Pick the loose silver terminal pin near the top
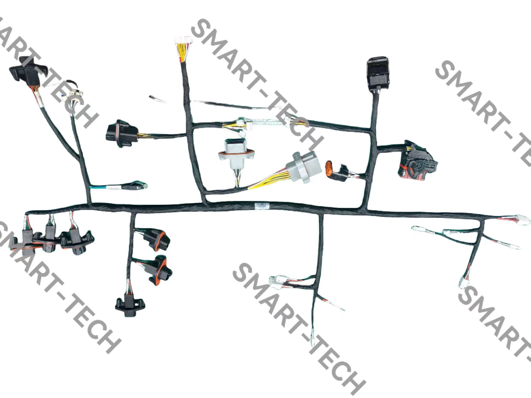pos(157,99)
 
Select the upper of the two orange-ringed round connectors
pos(157,238)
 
